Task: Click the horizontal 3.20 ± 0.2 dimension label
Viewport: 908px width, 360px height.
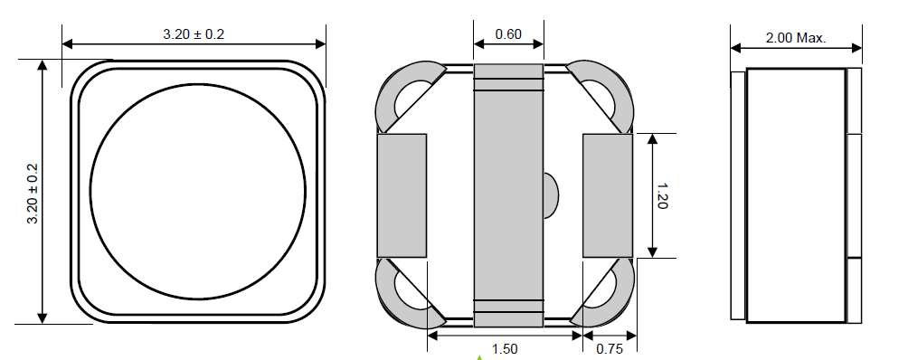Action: point(194,34)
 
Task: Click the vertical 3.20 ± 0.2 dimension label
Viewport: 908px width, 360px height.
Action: point(33,194)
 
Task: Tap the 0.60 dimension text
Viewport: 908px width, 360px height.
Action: point(508,34)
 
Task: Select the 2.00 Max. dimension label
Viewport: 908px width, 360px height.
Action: point(796,38)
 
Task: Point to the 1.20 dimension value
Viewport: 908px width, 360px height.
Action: point(663,195)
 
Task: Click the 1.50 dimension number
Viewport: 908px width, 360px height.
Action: point(505,349)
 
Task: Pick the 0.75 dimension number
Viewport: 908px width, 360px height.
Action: point(610,349)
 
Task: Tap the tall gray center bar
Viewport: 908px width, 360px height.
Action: point(508,195)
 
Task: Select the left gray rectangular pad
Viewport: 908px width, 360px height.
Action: point(402,195)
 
